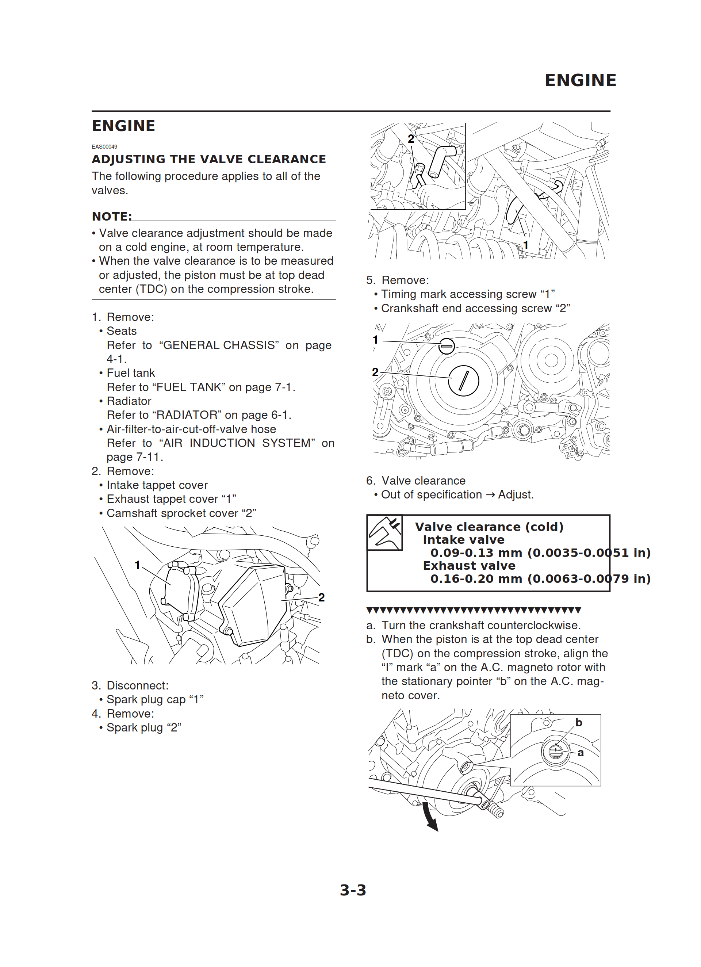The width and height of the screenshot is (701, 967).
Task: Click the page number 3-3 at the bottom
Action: click(x=353, y=890)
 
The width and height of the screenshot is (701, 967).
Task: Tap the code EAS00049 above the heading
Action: click(x=104, y=147)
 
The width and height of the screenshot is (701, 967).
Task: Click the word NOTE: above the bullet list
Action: click(x=112, y=217)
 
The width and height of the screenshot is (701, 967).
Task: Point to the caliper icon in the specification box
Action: click(x=384, y=532)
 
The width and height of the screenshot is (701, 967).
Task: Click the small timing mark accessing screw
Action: click(x=447, y=346)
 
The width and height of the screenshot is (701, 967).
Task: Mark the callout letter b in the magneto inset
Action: click(x=579, y=722)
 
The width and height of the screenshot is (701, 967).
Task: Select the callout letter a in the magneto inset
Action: click(x=580, y=753)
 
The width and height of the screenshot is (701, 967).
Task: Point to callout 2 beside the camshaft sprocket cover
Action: click(x=322, y=597)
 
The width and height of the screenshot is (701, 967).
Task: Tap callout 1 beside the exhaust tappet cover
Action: click(x=137, y=565)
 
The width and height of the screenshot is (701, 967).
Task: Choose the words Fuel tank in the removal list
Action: click(x=130, y=373)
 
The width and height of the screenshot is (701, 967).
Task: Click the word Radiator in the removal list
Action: click(x=129, y=401)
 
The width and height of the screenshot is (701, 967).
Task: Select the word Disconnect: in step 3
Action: click(x=137, y=685)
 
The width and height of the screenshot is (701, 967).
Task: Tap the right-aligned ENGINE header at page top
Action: click(x=580, y=80)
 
